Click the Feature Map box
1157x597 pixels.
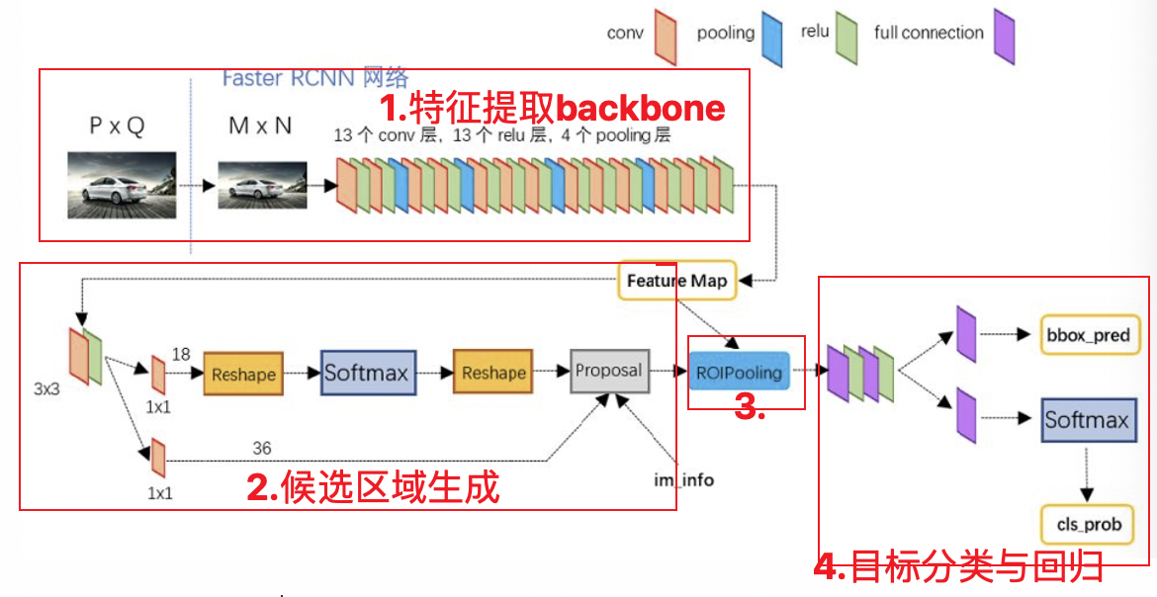click(x=676, y=281)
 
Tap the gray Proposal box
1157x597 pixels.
click(x=609, y=371)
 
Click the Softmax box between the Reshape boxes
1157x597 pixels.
click(x=367, y=373)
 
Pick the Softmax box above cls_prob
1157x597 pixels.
click(x=1086, y=420)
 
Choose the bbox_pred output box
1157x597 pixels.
click(x=1087, y=336)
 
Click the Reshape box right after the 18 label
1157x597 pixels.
click(x=243, y=374)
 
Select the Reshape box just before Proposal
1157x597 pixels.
click(x=492, y=373)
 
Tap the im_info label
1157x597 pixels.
click(x=683, y=480)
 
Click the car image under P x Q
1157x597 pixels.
click(x=122, y=184)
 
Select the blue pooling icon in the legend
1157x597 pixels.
click(x=771, y=39)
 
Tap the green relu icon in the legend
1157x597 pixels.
click(x=846, y=38)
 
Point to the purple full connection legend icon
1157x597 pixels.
click(x=1005, y=37)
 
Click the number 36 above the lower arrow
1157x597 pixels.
click(x=261, y=449)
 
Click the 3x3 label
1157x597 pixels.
click(x=46, y=389)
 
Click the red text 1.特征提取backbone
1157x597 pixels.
click(x=553, y=108)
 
